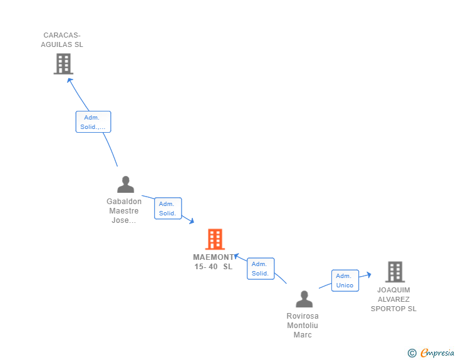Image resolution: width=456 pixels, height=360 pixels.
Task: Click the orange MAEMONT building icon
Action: [x=215, y=239]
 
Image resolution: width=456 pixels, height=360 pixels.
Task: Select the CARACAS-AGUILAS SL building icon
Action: [x=63, y=64]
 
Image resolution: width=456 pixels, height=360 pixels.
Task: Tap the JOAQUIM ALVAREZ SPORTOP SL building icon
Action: [x=395, y=272]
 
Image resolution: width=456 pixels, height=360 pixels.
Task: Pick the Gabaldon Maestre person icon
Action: [x=126, y=184]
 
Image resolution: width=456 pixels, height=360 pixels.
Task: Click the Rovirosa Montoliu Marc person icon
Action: [x=304, y=299]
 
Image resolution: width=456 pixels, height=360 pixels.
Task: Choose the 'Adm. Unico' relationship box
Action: [x=345, y=280]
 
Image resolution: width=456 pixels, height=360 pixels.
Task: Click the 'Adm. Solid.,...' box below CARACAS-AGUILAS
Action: [x=93, y=122]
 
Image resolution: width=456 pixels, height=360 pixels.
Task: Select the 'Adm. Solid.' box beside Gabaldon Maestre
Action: [x=168, y=208]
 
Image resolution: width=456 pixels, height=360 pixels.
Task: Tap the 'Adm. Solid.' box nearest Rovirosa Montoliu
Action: [x=261, y=269]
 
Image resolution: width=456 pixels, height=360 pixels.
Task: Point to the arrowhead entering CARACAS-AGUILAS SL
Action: [x=70, y=80]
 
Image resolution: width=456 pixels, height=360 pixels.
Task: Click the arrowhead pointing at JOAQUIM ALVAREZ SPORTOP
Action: [x=369, y=274]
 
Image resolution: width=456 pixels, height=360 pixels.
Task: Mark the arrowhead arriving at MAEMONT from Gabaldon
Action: [x=192, y=221]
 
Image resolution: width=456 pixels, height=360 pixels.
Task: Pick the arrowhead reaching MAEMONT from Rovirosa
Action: [x=237, y=256]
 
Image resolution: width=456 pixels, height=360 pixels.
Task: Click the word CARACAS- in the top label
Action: [x=62, y=35]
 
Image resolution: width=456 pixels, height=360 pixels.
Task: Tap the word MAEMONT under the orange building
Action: [x=214, y=257]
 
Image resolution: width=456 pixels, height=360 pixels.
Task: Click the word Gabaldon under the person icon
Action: [x=124, y=201]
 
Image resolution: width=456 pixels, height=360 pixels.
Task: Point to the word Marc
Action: [x=303, y=335]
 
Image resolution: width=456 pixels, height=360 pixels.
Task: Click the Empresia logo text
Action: [x=437, y=352]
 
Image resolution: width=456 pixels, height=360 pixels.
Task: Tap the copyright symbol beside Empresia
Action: [x=412, y=353]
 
